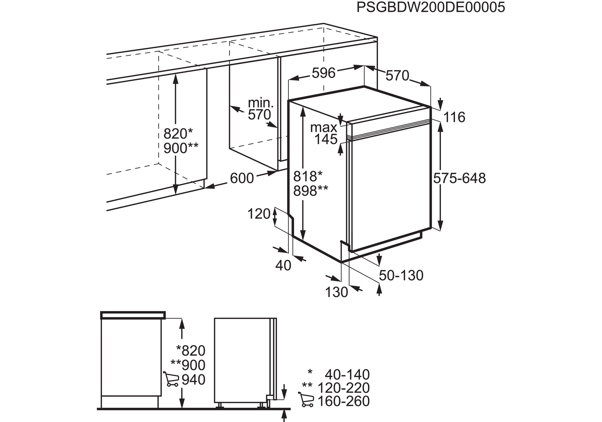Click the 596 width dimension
[324, 73]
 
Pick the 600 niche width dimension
[242, 178]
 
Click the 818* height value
[308, 176]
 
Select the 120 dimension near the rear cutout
[259, 214]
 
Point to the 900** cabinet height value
[181, 148]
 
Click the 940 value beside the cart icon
[194, 380]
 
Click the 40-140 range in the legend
[347, 375]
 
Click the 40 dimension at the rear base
[283, 266]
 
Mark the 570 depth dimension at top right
[397, 76]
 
